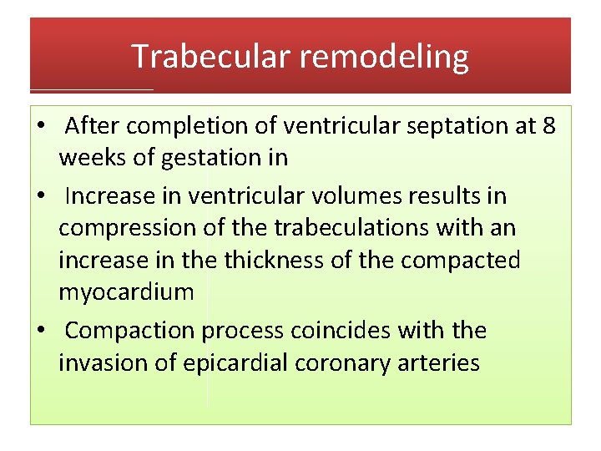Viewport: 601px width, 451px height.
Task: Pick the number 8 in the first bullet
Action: [548, 126]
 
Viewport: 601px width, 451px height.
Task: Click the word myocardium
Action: [126, 293]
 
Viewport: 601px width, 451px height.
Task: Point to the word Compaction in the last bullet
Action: [131, 331]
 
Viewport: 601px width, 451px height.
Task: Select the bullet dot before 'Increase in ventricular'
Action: [40, 197]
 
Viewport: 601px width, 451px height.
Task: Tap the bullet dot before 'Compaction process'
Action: [40, 332]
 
